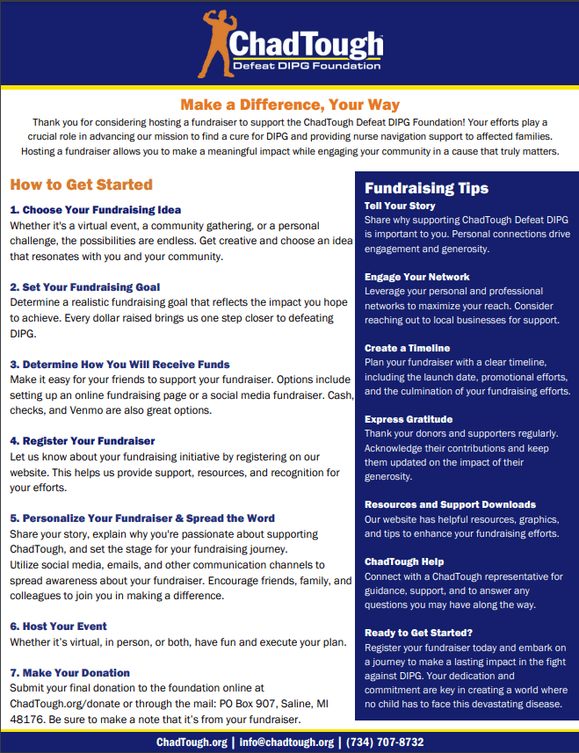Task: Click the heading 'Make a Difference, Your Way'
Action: pyautogui.click(x=290, y=105)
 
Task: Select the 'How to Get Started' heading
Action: pyautogui.click(x=82, y=185)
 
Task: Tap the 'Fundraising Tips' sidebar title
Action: pyautogui.click(x=426, y=188)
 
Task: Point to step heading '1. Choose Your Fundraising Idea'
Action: pyautogui.click(x=96, y=210)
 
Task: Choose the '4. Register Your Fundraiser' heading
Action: pyautogui.click(x=83, y=441)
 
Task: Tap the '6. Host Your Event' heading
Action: pyautogui.click(x=58, y=626)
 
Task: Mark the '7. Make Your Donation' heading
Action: pyautogui.click(x=70, y=673)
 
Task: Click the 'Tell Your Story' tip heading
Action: pyautogui.click(x=400, y=206)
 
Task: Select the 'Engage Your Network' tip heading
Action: pyautogui.click(x=417, y=277)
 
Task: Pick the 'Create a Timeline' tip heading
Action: pyautogui.click(x=407, y=348)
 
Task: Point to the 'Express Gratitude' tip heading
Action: pyautogui.click(x=409, y=419)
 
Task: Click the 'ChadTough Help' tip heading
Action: pyautogui.click(x=404, y=561)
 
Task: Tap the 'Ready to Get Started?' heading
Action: pyautogui.click(x=418, y=633)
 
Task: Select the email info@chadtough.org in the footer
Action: pyautogui.click(x=286, y=742)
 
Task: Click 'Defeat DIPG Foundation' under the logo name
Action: pyautogui.click(x=307, y=65)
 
